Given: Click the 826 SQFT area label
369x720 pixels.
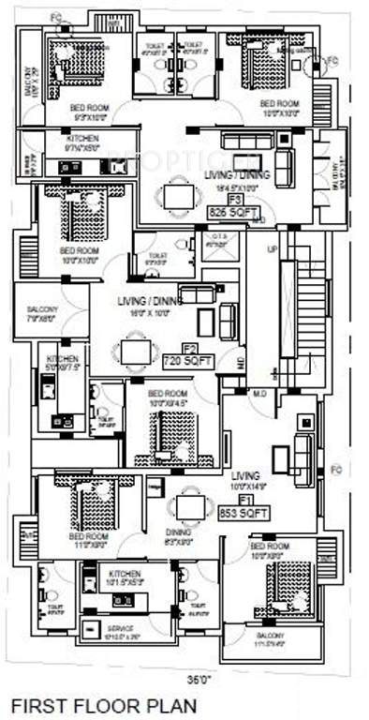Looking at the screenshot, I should pyautogui.click(x=234, y=214).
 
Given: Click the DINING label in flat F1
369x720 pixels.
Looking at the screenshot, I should pyautogui.click(x=178, y=532).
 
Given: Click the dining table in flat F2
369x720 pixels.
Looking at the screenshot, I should pyautogui.click(x=128, y=352).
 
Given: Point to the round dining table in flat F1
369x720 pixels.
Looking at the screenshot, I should pyautogui.click(x=190, y=507).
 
